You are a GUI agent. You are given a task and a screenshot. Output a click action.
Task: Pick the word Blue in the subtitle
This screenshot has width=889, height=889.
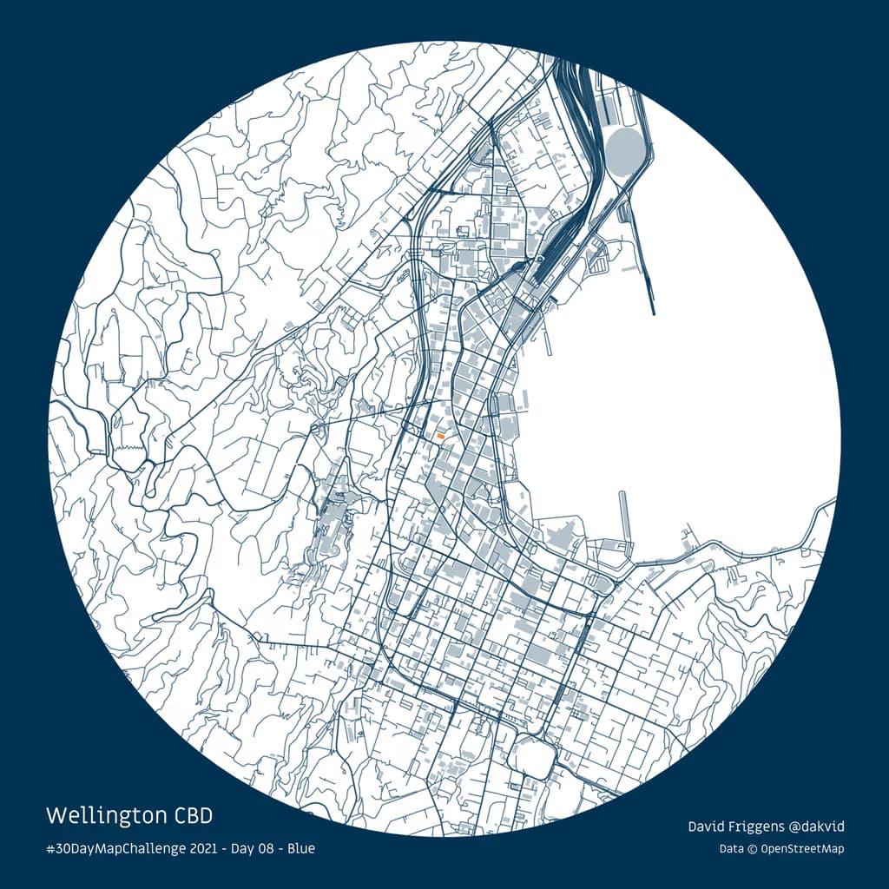click(301, 848)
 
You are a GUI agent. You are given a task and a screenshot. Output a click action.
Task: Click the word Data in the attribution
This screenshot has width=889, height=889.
click(731, 849)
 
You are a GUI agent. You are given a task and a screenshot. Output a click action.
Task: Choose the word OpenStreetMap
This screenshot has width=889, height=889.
click(802, 849)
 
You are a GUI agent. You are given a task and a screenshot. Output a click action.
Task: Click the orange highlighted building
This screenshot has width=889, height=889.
click(441, 434)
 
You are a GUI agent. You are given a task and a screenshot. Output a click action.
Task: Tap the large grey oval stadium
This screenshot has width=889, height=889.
click(626, 153)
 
